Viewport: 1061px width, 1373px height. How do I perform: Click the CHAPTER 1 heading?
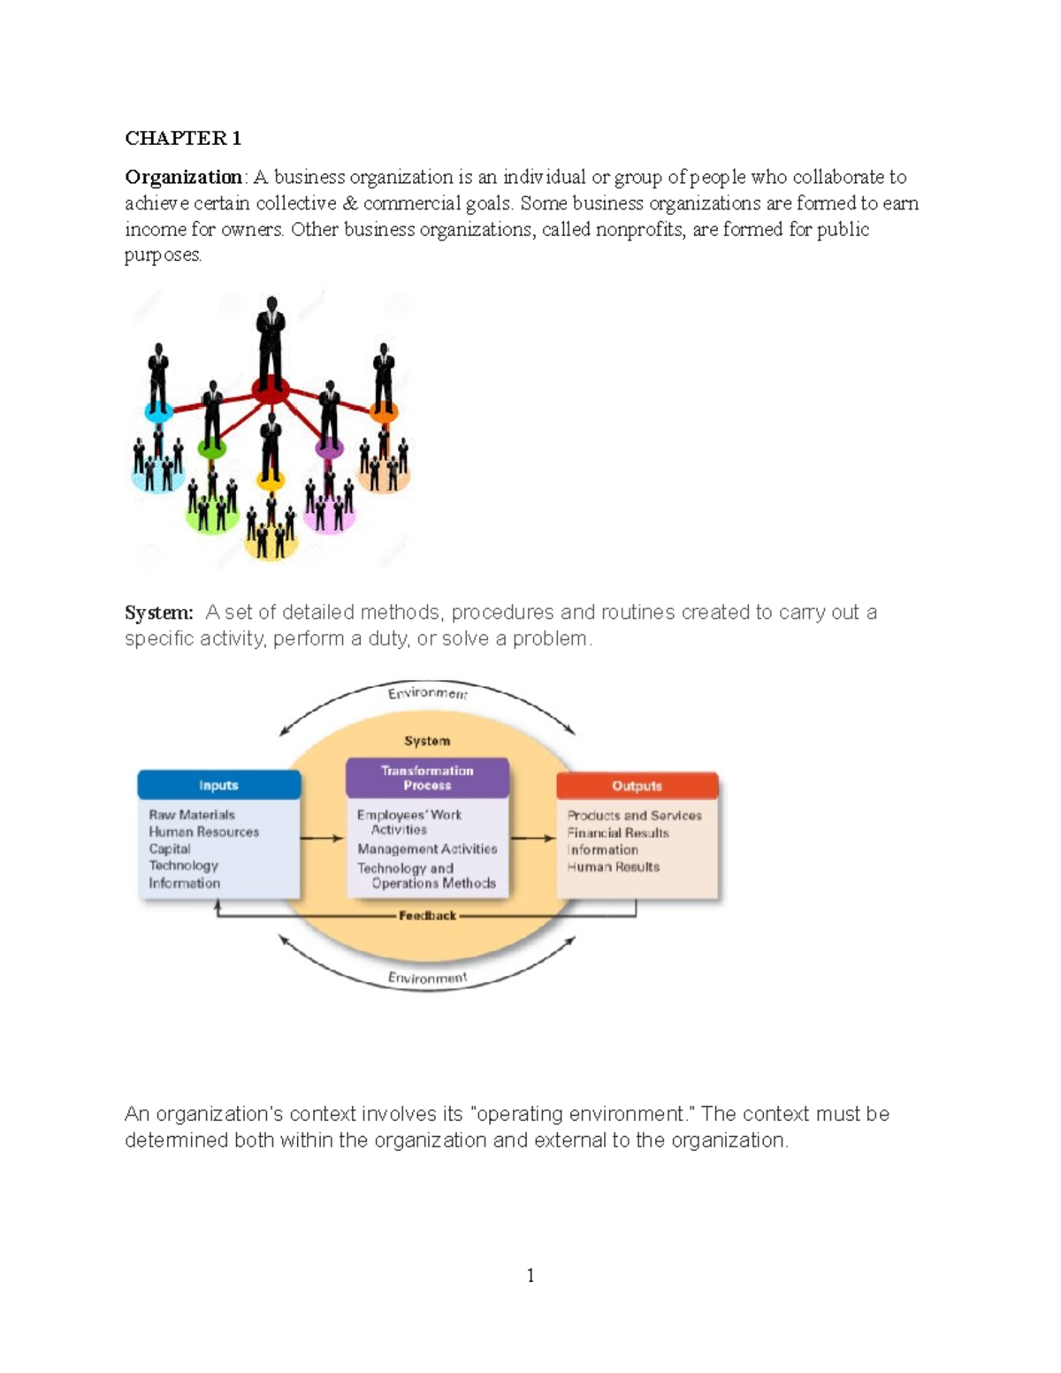pyautogui.click(x=183, y=138)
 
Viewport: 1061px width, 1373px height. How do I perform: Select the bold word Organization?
pyautogui.click(x=183, y=177)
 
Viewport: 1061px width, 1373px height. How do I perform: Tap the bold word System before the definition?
pyautogui.click(x=157, y=613)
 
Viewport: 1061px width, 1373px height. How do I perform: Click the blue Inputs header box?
pyautogui.click(x=218, y=785)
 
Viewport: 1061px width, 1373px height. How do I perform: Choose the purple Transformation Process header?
pyautogui.click(x=427, y=778)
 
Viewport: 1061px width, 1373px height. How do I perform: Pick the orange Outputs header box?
pyautogui.click(x=637, y=785)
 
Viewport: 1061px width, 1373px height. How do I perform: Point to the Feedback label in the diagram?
pyautogui.click(x=427, y=916)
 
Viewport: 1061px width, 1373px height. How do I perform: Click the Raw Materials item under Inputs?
pyautogui.click(x=192, y=815)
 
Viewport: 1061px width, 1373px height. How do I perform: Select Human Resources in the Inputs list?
pyautogui.click(x=203, y=832)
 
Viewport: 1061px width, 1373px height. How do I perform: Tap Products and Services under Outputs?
pyautogui.click(x=634, y=815)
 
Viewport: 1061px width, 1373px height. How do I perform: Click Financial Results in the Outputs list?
pyautogui.click(x=618, y=833)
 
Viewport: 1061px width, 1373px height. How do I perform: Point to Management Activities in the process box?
pyautogui.click(x=427, y=849)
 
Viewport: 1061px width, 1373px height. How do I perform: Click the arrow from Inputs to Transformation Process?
pyautogui.click(x=322, y=838)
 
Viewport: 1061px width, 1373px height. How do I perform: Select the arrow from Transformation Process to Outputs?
pyautogui.click(x=532, y=838)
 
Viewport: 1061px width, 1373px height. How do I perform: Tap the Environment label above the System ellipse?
pyautogui.click(x=427, y=693)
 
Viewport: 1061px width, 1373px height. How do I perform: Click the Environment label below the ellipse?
pyautogui.click(x=427, y=978)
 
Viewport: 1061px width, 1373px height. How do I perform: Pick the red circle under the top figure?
pyautogui.click(x=271, y=389)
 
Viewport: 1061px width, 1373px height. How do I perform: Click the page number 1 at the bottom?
pyautogui.click(x=530, y=1275)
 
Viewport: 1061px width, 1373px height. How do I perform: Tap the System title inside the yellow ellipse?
pyautogui.click(x=427, y=741)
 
